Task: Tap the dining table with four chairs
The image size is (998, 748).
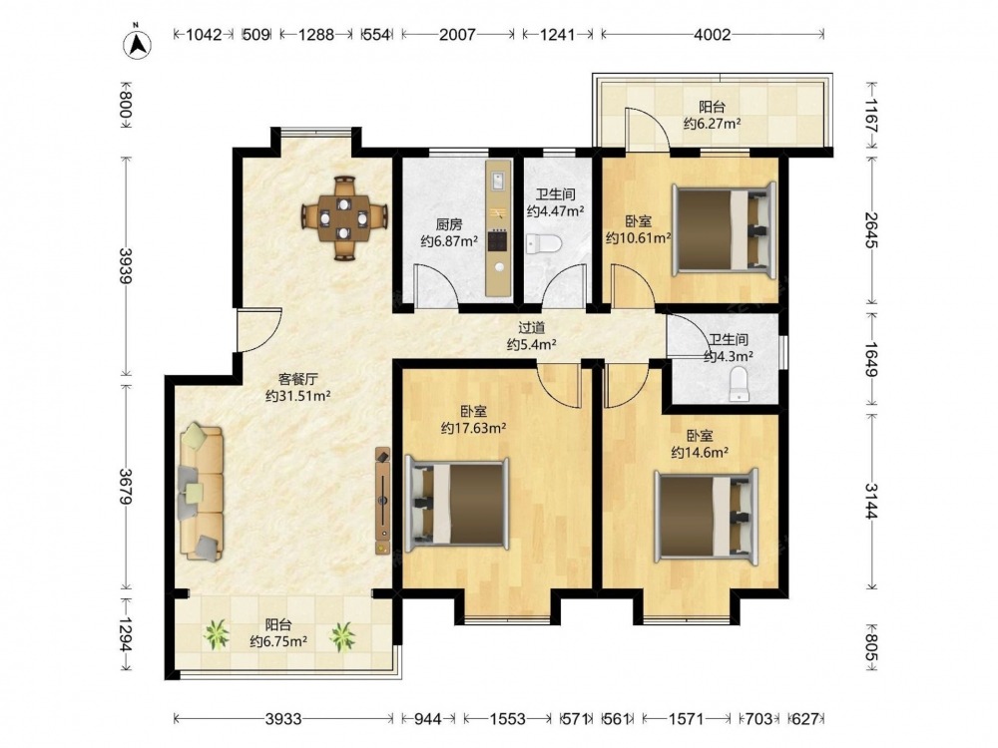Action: [x=344, y=218]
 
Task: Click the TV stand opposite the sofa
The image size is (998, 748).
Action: [x=382, y=501]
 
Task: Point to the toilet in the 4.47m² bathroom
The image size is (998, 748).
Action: [x=545, y=243]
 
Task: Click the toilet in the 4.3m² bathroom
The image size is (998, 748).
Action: [x=739, y=384]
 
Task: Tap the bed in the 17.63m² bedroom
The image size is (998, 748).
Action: [x=457, y=504]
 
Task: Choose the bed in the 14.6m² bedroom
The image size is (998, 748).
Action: [x=707, y=516]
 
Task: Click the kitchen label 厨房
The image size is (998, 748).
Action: [x=449, y=224]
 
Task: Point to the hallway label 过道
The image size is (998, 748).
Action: [x=532, y=328]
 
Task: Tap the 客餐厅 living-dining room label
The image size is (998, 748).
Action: [x=297, y=379]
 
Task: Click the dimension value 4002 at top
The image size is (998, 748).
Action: [x=713, y=34]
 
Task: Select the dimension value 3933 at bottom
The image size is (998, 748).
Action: [x=283, y=719]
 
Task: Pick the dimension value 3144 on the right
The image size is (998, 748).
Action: [x=870, y=502]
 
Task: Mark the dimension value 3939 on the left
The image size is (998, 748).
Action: [x=126, y=266]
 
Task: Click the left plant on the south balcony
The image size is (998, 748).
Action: [x=217, y=634]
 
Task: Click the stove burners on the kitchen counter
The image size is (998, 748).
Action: [x=498, y=241]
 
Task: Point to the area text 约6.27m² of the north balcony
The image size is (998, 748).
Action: [x=712, y=124]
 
